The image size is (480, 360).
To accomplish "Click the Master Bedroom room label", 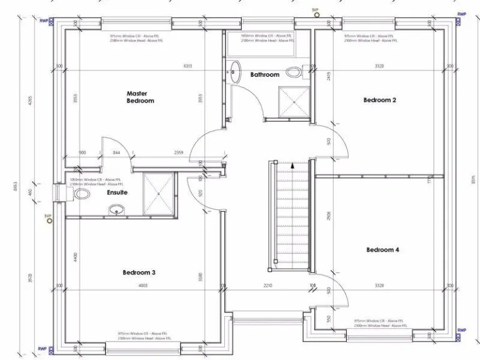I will point(140,97).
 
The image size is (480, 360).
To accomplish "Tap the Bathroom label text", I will point(264,75).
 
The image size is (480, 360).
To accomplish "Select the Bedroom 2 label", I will point(380,100).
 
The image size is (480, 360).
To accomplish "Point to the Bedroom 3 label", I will point(139,272).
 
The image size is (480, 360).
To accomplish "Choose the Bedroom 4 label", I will point(382,250).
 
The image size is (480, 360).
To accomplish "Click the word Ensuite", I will point(117,192).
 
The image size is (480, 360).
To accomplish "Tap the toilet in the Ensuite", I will point(81,194).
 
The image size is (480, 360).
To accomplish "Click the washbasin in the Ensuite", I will point(117,211).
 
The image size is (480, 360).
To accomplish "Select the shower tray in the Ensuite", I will point(159,194).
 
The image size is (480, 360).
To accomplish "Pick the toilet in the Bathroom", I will point(294,70).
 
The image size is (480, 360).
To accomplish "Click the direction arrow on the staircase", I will point(292,166).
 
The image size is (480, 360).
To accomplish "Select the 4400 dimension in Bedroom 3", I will point(74,257).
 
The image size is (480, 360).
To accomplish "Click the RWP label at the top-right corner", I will point(461,14).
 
